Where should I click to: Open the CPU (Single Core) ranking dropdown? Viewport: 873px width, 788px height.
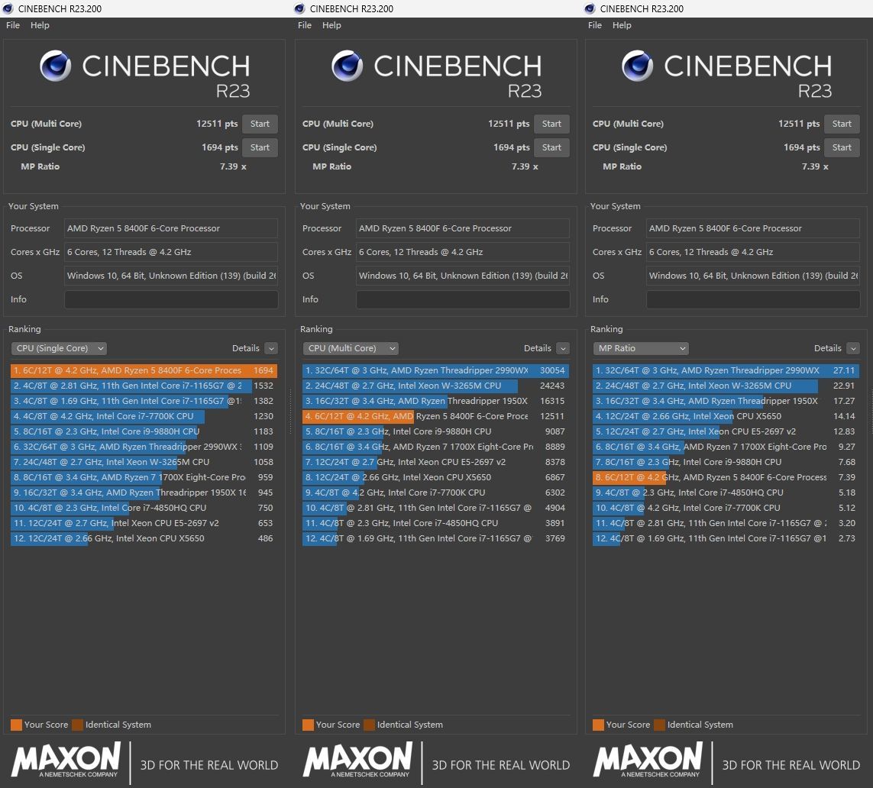(59, 348)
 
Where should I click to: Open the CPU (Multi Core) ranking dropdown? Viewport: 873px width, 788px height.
(351, 348)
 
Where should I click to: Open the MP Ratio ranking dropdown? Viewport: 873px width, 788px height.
(641, 348)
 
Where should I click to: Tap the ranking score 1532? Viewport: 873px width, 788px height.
(264, 386)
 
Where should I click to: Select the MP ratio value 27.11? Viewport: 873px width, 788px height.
(844, 370)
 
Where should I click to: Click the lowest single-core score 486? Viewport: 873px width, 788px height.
(266, 538)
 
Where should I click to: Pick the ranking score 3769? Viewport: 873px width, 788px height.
(555, 538)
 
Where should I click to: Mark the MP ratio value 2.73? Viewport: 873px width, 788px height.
(846, 538)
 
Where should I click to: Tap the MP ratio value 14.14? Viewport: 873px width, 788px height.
(844, 416)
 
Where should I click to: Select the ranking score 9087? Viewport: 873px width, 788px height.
(555, 431)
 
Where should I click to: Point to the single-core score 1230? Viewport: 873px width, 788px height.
(264, 416)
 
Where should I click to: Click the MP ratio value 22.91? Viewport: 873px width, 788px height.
(844, 386)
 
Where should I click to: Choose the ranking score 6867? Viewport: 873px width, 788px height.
(555, 477)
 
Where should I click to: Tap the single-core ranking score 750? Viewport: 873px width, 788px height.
(266, 508)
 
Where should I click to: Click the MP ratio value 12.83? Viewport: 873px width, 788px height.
(844, 431)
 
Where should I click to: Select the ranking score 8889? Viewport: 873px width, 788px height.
(555, 447)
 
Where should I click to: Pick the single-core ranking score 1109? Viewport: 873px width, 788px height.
(264, 447)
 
